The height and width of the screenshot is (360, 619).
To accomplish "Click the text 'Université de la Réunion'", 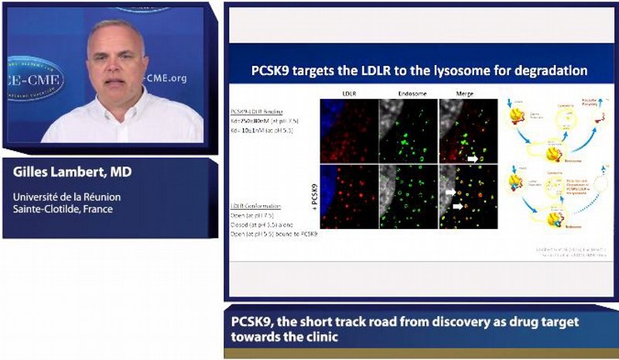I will [x=67, y=197].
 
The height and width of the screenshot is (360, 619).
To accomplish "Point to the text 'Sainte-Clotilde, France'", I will [x=62, y=208].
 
